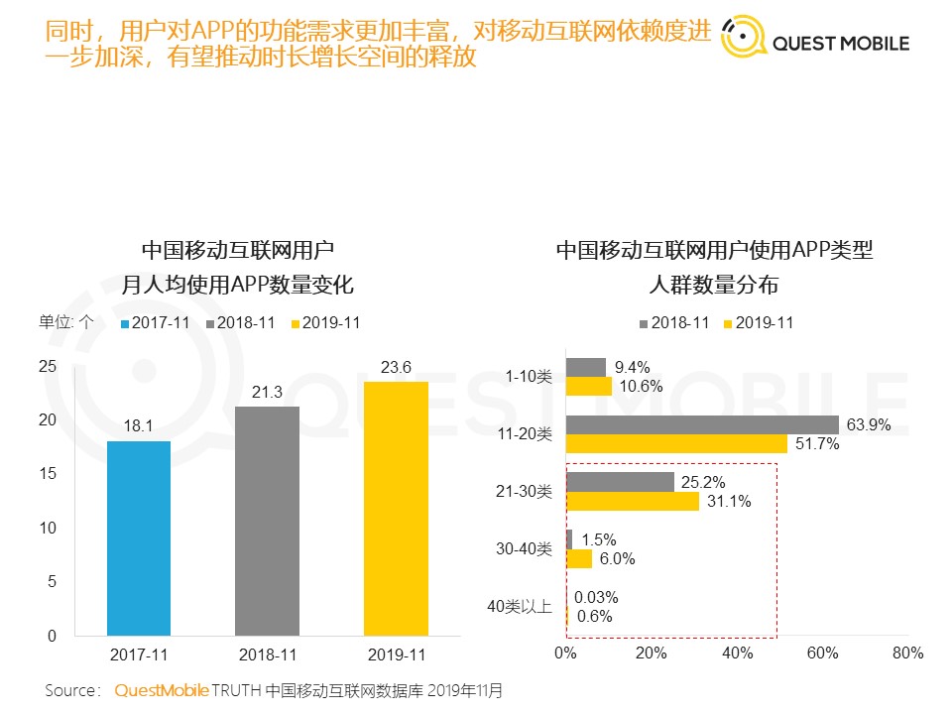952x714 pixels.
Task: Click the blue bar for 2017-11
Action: (x=139, y=537)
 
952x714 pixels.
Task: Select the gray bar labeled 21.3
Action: (x=267, y=521)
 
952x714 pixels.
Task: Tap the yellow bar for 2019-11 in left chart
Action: (x=396, y=508)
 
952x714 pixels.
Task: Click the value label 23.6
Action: (x=396, y=368)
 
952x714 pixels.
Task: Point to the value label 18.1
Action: (x=139, y=427)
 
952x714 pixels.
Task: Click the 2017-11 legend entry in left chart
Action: (x=156, y=323)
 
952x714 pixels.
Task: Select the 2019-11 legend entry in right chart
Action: (x=763, y=323)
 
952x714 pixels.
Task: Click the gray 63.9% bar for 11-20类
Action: (x=702, y=424)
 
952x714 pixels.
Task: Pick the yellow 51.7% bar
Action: (x=676, y=443)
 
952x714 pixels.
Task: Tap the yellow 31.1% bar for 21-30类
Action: (x=632, y=501)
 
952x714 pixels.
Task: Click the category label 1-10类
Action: (x=529, y=377)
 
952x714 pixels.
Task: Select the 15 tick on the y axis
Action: (x=47, y=474)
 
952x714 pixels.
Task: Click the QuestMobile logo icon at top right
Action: (x=744, y=37)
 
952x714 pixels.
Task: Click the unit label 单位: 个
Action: (x=66, y=321)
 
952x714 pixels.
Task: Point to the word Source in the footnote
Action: (x=71, y=689)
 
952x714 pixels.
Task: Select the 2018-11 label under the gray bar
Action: (x=267, y=654)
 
